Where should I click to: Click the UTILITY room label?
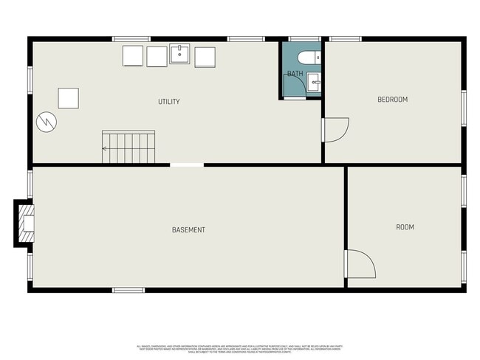click(x=168, y=102)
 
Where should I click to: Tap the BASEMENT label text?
click(x=188, y=230)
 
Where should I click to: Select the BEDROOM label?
click(x=392, y=100)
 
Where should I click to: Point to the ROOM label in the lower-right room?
click(x=405, y=227)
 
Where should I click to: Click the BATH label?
click(x=295, y=74)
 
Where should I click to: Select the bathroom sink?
click(x=315, y=81)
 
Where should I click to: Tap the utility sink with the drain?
click(x=180, y=55)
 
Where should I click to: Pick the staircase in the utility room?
click(x=129, y=147)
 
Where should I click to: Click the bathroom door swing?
click(x=295, y=87)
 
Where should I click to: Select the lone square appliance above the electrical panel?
click(x=68, y=97)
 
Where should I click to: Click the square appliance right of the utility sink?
click(x=205, y=57)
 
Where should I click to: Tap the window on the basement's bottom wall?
click(x=128, y=290)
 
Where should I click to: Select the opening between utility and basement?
click(x=187, y=165)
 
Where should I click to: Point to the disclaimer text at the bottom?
click(x=240, y=348)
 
